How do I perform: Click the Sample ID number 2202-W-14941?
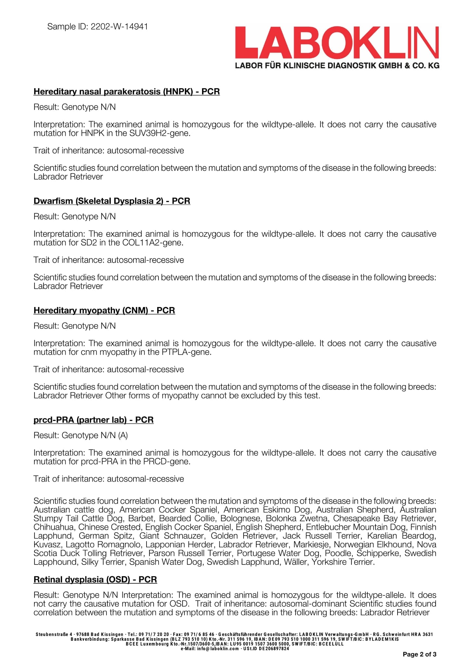[119, 27]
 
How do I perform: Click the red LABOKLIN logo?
[337, 42]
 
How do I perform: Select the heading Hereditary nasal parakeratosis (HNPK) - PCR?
[127, 92]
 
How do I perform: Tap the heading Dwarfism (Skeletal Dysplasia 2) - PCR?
[112, 201]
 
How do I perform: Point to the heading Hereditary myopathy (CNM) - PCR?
[104, 311]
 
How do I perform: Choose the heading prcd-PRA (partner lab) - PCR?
[94, 420]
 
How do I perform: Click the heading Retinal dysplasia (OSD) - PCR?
[95, 579]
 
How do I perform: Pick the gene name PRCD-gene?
[166, 461]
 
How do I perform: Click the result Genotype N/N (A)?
[95, 435]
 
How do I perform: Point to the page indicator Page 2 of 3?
[419, 654]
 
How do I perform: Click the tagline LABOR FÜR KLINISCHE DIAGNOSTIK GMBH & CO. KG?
[337, 66]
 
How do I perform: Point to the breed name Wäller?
[295, 562]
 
